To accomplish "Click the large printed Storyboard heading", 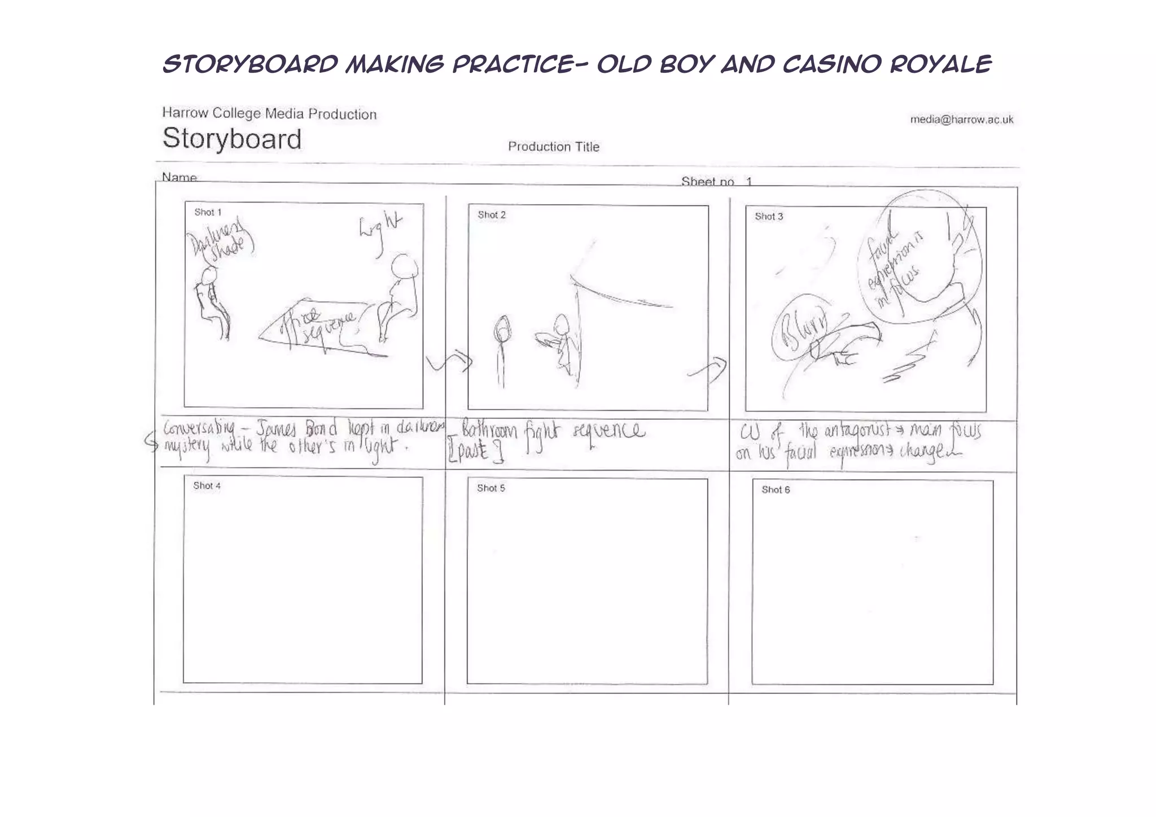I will (x=232, y=139).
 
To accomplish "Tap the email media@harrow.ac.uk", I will (x=961, y=120).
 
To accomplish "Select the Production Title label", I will (x=553, y=147).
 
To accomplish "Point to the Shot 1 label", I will (x=208, y=213).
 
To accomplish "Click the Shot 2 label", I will (x=491, y=215).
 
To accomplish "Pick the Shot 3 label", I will (x=768, y=217).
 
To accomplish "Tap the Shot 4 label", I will (x=207, y=486).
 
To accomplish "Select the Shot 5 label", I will (x=491, y=488).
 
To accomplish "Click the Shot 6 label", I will (x=775, y=490).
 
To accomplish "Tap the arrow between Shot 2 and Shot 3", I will (x=708, y=369).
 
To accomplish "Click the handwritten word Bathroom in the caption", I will (x=489, y=432).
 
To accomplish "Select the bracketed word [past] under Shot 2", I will (x=475, y=453).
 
